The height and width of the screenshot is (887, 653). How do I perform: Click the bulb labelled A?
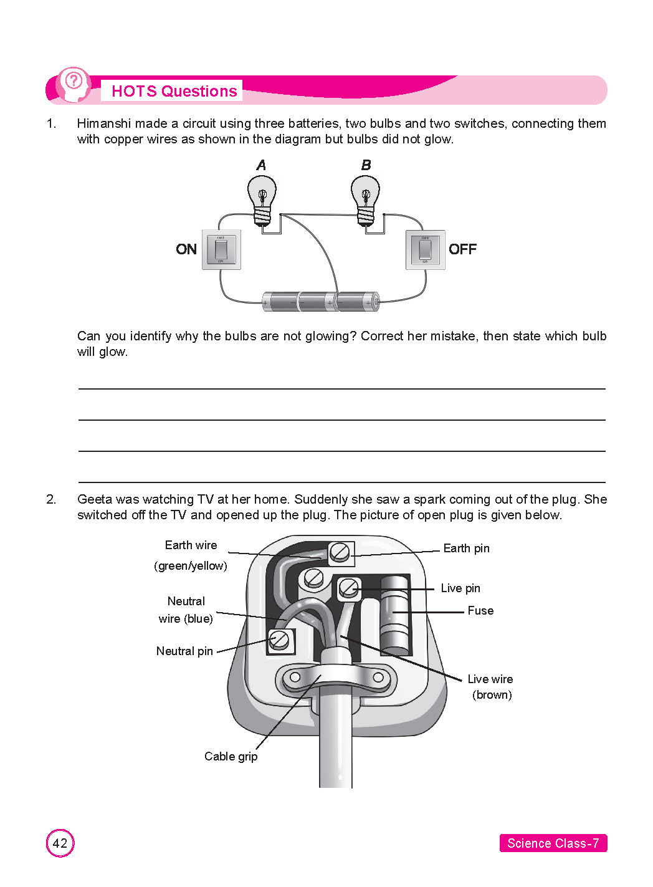[x=262, y=197]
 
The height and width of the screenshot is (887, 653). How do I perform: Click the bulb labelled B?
[x=366, y=197]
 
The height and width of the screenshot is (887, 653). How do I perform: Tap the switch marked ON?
[x=221, y=249]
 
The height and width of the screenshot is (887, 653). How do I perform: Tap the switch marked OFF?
[x=425, y=249]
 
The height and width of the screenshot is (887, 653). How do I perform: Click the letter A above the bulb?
[x=261, y=165]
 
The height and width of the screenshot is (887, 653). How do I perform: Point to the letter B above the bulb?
[x=366, y=165]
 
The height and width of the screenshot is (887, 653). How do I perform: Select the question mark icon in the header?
[x=74, y=81]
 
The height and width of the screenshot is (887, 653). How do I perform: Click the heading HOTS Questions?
[x=174, y=91]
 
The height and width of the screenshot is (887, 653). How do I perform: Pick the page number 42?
[x=60, y=843]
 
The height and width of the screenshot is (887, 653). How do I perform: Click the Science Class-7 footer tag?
[x=553, y=843]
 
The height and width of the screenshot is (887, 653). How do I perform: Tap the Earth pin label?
[x=466, y=549]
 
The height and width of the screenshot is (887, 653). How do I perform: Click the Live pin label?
[x=460, y=588]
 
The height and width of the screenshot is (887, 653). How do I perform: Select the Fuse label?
[x=480, y=611]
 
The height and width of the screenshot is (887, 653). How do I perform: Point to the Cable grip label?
[x=231, y=756]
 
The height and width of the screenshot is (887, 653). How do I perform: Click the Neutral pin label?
[x=184, y=651]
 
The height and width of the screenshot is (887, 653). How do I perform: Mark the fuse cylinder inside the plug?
[x=394, y=615]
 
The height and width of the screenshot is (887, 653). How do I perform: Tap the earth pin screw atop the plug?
[x=340, y=552]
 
